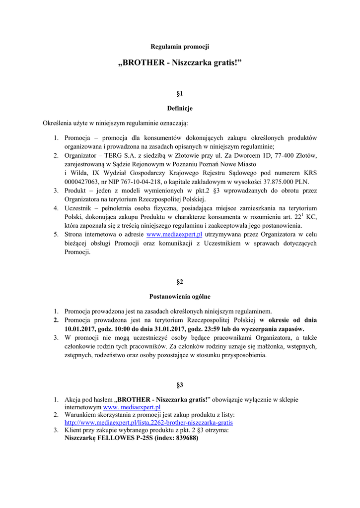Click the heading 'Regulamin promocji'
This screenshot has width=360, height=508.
coord(180,47)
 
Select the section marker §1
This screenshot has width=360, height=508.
coord(180,93)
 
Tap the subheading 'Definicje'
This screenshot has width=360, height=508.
coord(180,108)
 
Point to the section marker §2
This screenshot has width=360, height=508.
coord(180,282)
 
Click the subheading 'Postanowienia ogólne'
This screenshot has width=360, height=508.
coord(180,297)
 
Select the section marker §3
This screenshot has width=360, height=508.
coord(180,384)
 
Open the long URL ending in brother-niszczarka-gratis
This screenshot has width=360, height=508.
coord(148,423)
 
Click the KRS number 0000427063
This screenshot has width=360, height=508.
coord(82,182)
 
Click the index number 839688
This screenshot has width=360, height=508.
coord(187,439)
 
